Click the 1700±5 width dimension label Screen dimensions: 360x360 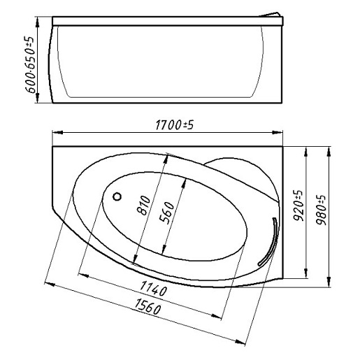click(x=174, y=125)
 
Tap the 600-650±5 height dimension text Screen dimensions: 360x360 click(x=30, y=64)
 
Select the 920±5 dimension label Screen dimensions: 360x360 click(x=298, y=206)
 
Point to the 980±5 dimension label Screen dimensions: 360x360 click(x=321, y=210)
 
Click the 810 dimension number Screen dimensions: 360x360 click(x=143, y=206)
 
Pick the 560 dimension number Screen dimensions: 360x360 click(x=167, y=213)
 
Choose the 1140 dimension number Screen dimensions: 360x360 click(x=154, y=289)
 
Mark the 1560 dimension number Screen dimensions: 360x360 click(x=147, y=306)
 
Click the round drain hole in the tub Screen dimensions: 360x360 click(x=117, y=196)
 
